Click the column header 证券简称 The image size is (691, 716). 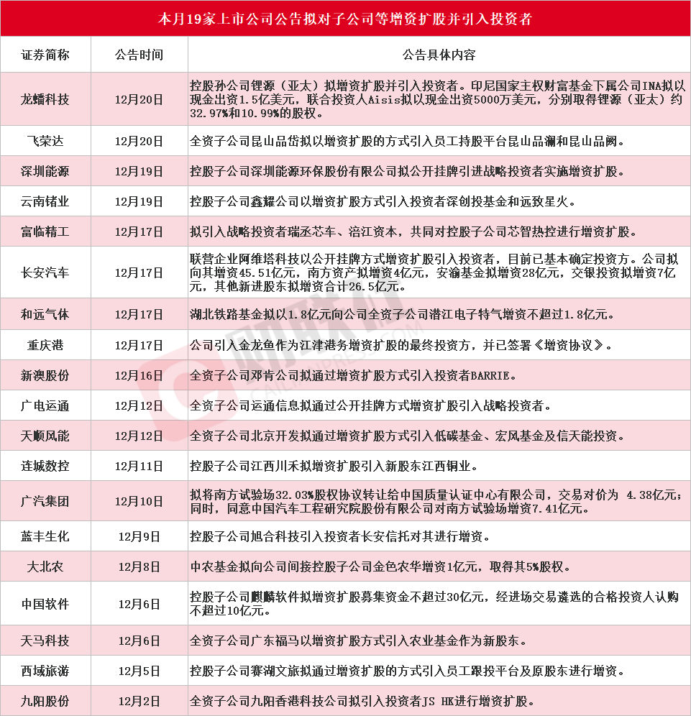pos(45,55)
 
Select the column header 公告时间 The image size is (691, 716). pos(139,55)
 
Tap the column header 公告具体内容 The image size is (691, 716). pos(439,55)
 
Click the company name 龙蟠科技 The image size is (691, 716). pos(45,99)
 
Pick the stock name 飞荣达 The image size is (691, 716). pos(45,142)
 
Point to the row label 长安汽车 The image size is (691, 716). pos(45,272)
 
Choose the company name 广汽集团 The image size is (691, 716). pos(45,501)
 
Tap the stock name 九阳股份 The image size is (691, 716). pos(45,702)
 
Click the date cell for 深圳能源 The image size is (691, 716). pos(139,172)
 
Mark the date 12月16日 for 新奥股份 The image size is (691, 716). pos(139,375)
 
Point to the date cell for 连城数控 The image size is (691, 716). pos(139,466)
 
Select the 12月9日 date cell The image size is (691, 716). pos(139,536)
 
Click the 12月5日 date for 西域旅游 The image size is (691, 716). pos(139,671)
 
